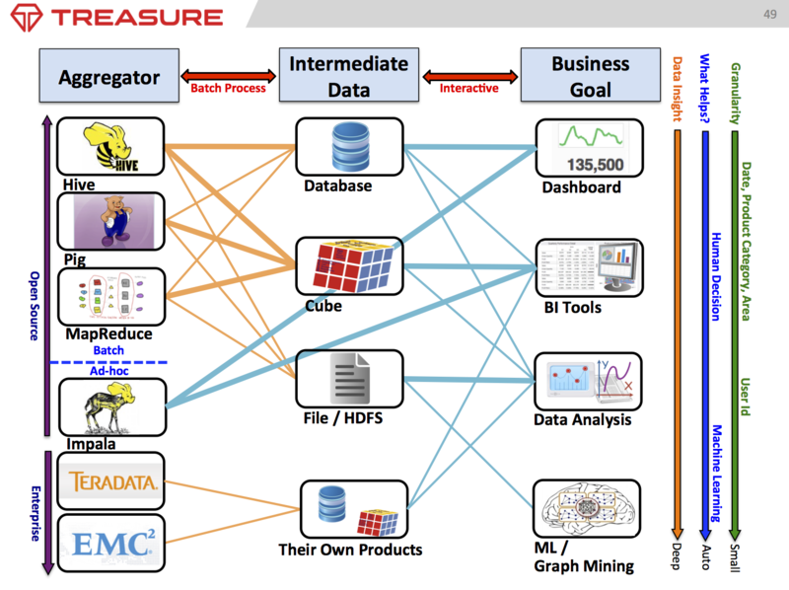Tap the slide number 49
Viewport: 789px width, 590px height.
[x=769, y=14]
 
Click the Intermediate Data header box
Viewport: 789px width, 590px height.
[x=348, y=76]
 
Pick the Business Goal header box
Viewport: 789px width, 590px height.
[x=590, y=76]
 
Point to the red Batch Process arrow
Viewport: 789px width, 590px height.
[x=228, y=75]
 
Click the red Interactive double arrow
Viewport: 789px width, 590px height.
[x=470, y=75]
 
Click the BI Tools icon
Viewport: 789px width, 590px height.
[x=589, y=266]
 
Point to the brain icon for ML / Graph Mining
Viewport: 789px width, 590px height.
[x=588, y=509]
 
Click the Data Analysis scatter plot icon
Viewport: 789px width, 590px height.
[x=589, y=382]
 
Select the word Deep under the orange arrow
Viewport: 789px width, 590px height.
[x=678, y=555]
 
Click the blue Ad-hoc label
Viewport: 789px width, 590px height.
[x=108, y=370]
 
